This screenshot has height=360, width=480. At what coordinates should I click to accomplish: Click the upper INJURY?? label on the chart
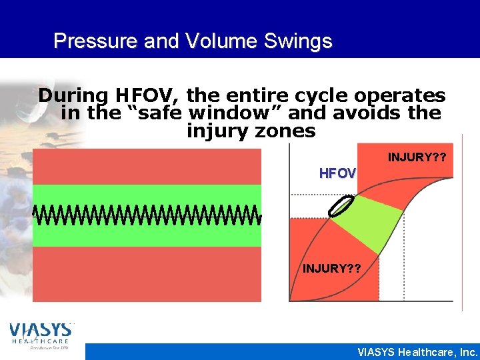coord(417,158)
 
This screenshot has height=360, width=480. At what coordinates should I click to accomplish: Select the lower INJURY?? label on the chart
coord(332,269)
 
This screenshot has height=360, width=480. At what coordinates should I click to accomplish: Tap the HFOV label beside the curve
coord(337,173)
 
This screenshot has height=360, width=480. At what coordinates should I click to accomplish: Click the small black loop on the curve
coord(340,207)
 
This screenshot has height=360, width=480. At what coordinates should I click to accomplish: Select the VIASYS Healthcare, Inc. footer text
coord(417,351)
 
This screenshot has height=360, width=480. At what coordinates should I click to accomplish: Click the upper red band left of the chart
coord(147,166)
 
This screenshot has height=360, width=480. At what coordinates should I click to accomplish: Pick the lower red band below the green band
coord(147,274)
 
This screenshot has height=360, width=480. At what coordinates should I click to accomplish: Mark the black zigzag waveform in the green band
coord(147,215)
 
